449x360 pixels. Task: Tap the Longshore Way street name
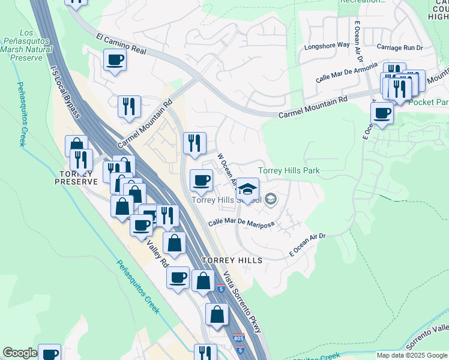pyautogui.click(x=327, y=46)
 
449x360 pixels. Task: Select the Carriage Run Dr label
pyautogui.click(x=400, y=47)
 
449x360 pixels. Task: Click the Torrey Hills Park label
pyautogui.click(x=289, y=171)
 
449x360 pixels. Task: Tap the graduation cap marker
pyautogui.click(x=247, y=189)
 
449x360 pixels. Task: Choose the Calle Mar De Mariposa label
pyautogui.click(x=241, y=223)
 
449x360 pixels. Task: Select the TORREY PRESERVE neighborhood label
pyautogui.click(x=75, y=177)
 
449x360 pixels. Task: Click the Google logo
pyautogui.click(x=20, y=353)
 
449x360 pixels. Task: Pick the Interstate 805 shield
pyautogui.click(x=238, y=339)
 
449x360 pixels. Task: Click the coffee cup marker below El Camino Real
pyautogui.click(x=115, y=60)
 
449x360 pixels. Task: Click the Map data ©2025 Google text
pyautogui.click(x=411, y=355)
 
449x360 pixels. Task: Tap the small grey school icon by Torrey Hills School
pyautogui.click(x=270, y=199)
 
